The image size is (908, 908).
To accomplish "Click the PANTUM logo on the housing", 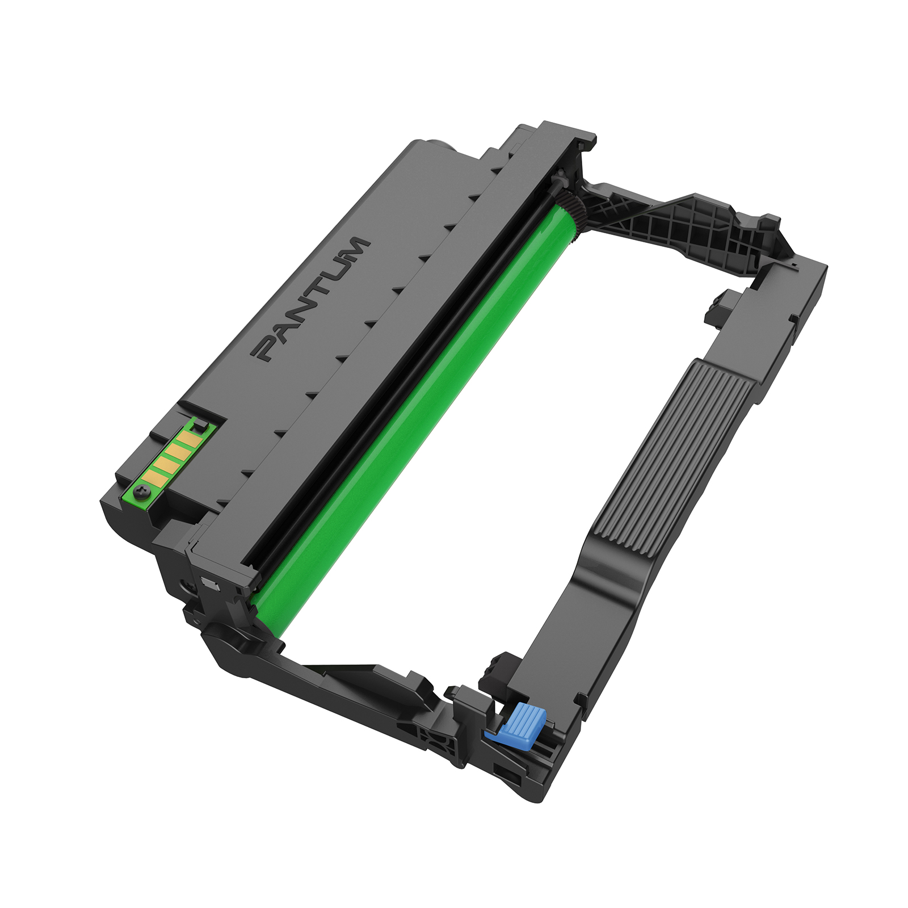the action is pyautogui.click(x=311, y=299).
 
